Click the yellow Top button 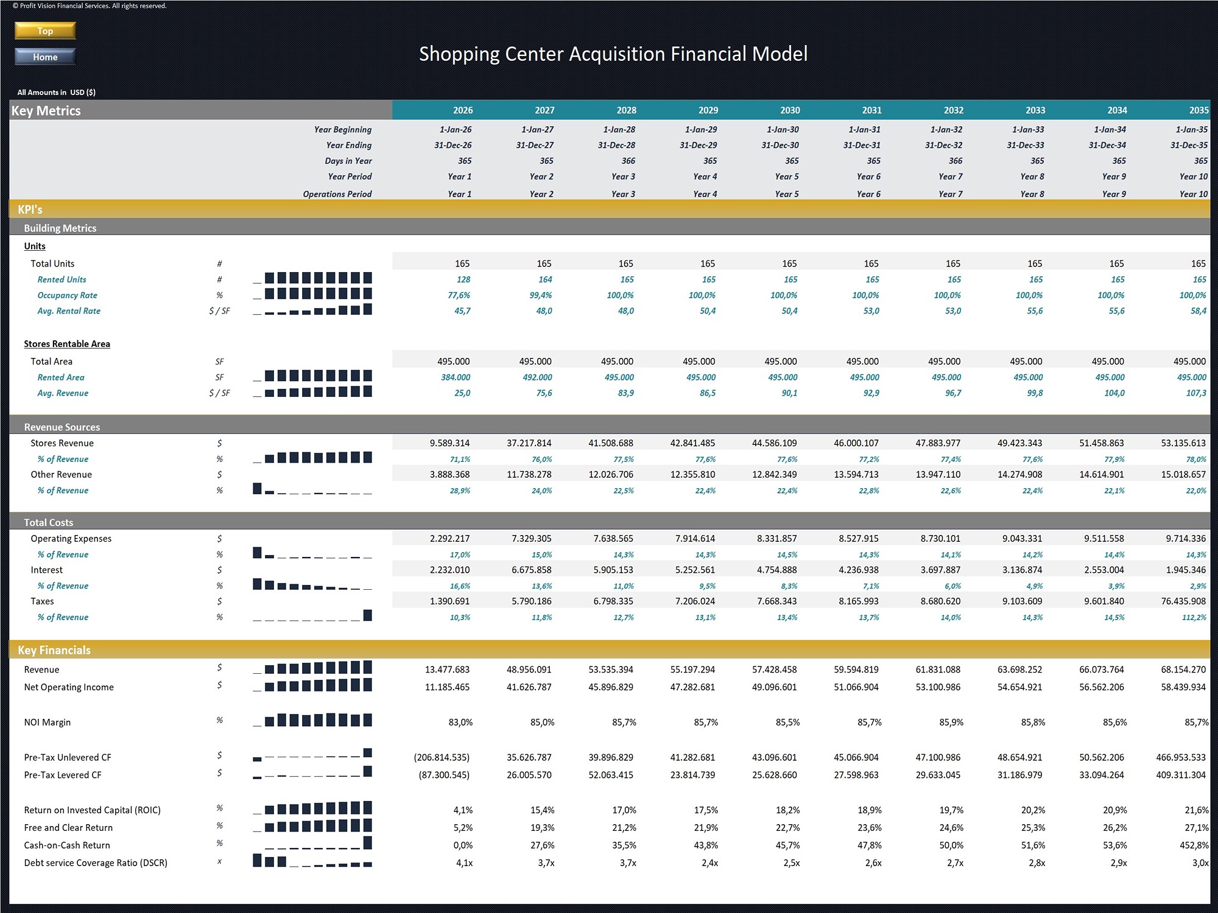(x=45, y=31)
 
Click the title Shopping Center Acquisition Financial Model (x=613, y=54)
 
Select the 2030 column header (x=790, y=110)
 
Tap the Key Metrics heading (x=46, y=111)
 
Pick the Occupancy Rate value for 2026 (x=459, y=295)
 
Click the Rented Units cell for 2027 (x=545, y=279)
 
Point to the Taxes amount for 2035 (x=1183, y=601)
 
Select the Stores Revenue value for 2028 (x=611, y=443)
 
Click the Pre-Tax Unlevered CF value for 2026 (x=442, y=758)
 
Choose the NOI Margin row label (x=48, y=722)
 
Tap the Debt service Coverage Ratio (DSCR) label (x=96, y=863)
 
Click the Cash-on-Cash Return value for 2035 (x=1194, y=845)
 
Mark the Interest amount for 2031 (x=856, y=570)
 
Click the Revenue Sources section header (x=62, y=427)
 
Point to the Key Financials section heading (x=54, y=650)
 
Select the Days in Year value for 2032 (x=956, y=161)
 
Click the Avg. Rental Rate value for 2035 (x=1199, y=311)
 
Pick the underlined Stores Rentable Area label (x=67, y=344)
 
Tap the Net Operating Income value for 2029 (x=692, y=687)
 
